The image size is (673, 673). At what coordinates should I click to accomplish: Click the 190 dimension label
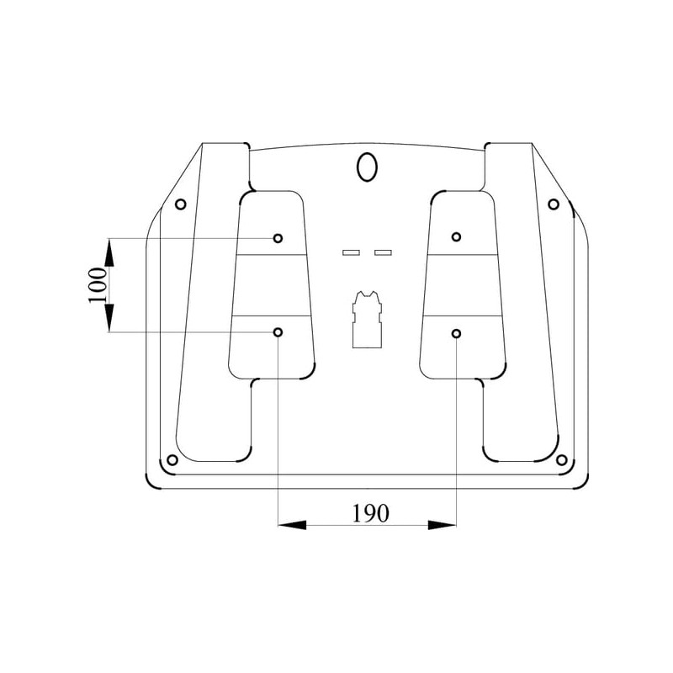pyautogui.click(x=370, y=513)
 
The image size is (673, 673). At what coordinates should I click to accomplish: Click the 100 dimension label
pyautogui.click(x=97, y=285)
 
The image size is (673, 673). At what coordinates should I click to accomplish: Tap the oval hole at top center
pyautogui.click(x=367, y=167)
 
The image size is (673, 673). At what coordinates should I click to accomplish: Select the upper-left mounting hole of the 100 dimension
pyautogui.click(x=278, y=238)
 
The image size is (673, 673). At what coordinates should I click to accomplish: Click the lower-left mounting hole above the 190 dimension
pyautogui.click(x=278, y=331)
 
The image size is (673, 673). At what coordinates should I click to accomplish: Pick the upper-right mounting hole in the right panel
pyautogui.click(x=456, y=236)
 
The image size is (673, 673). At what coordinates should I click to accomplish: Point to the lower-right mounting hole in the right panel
pyautogui.click(x=456, y=333)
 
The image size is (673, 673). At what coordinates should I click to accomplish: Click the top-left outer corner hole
pyautogui.click(x=181, y=204)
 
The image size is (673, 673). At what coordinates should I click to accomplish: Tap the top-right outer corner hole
pyautogui.click(x=554, y=204)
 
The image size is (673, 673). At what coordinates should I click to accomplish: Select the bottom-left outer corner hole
pyautogui.click(x=172, y=460)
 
